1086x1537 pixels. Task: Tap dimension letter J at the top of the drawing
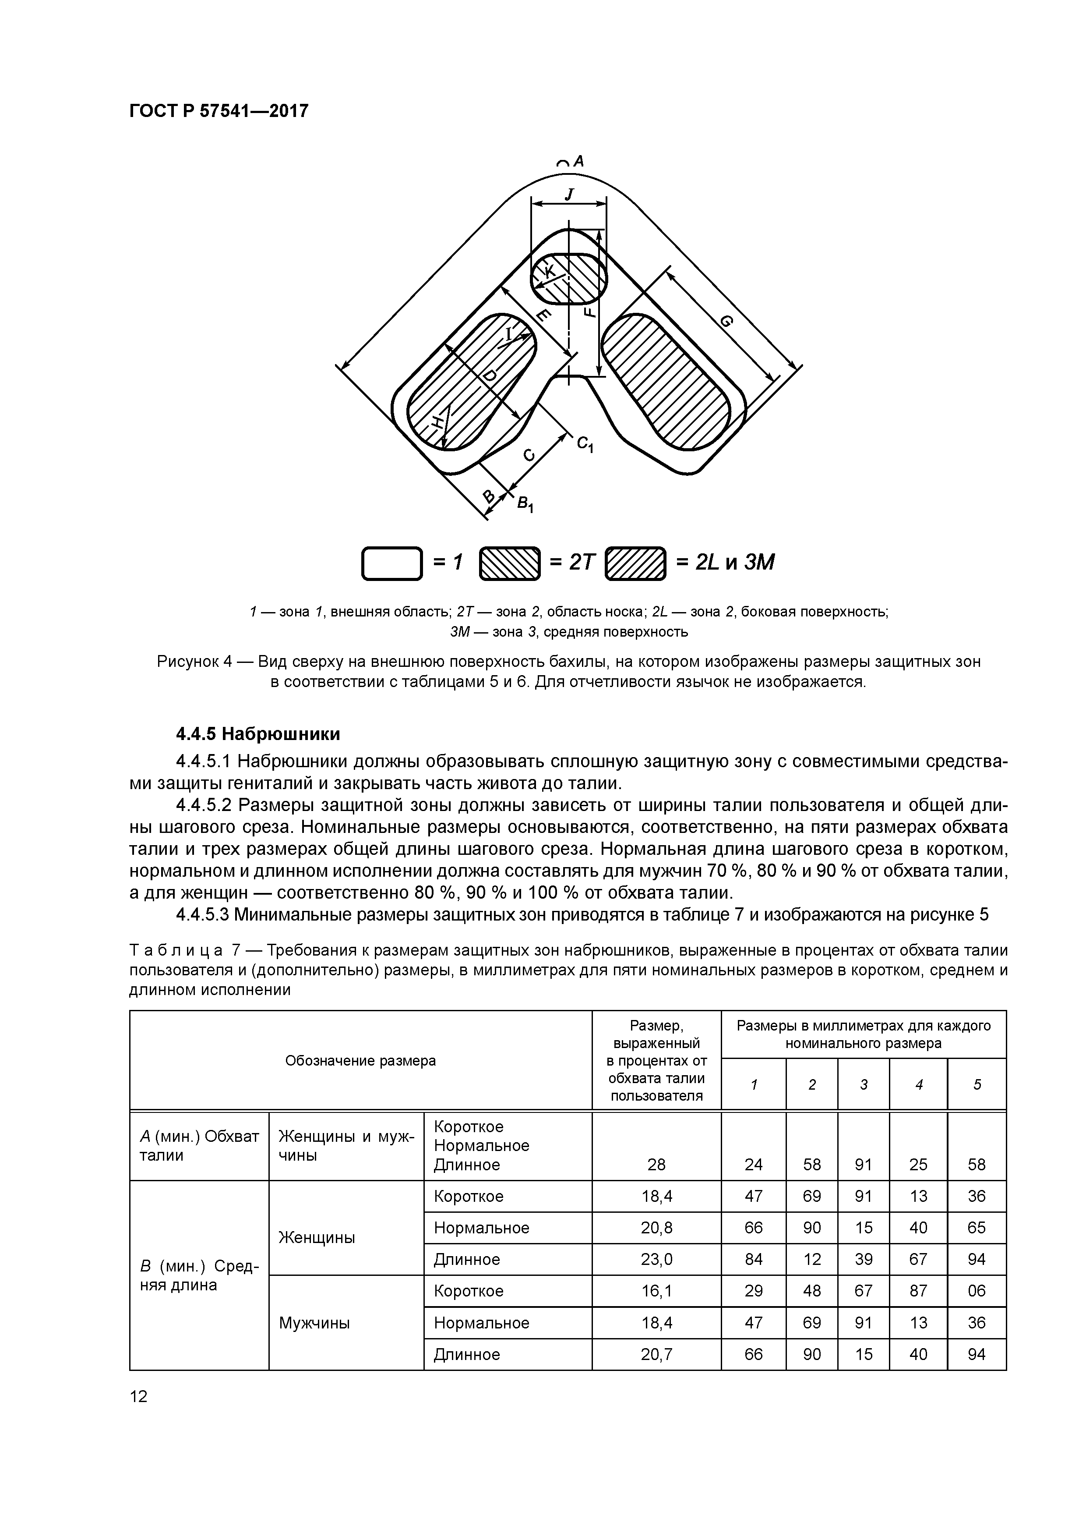[x=569, y=194]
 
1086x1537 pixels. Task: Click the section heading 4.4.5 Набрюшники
[x=258, y=734]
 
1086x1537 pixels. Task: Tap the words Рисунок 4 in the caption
[x=194, y=662]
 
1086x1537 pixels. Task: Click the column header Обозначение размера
[x=360, y=1060]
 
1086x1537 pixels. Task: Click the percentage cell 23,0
[x=656, y=1259]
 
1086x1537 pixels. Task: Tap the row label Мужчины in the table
[x=314, y=1323]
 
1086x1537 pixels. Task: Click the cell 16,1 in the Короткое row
[x=656, y=1291]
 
